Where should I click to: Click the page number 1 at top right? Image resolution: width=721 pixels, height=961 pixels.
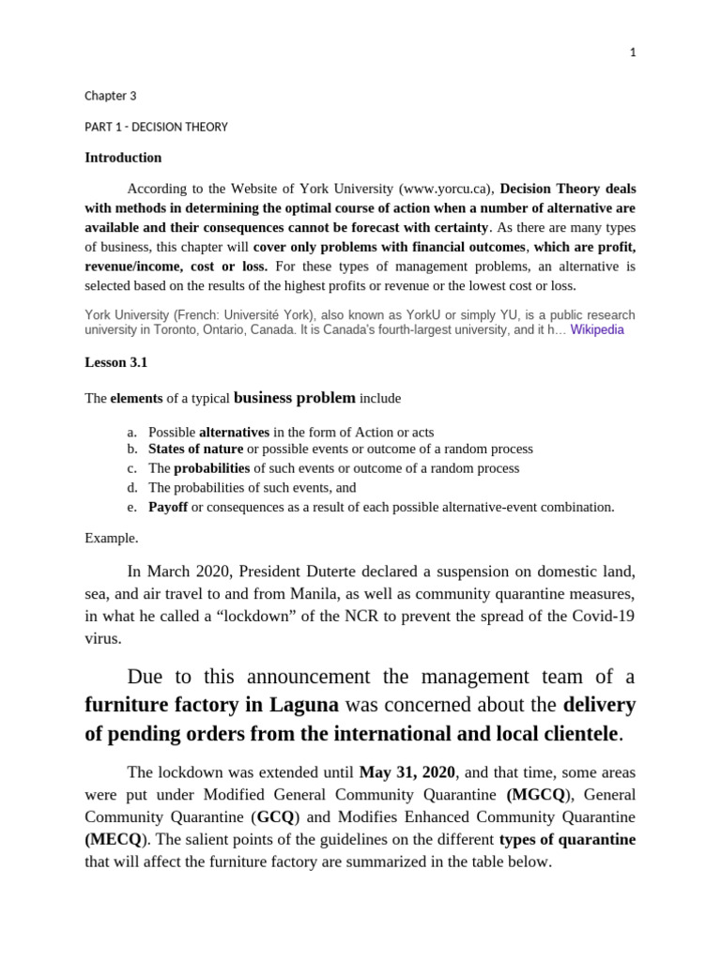(633, 53)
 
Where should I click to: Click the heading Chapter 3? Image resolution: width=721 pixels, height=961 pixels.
(111, 96)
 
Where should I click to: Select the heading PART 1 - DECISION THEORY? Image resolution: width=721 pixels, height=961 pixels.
(156, 127)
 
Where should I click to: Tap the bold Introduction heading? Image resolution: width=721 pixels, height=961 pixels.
(123, 158)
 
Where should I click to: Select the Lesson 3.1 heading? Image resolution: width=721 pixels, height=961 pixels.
(115, 361)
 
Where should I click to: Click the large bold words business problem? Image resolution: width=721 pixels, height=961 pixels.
(294, 398)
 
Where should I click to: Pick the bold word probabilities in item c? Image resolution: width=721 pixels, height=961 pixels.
(211, 468)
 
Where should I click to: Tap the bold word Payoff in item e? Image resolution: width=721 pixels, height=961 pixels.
(168, 507)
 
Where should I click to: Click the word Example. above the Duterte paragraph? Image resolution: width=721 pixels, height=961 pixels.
(111, 539)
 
